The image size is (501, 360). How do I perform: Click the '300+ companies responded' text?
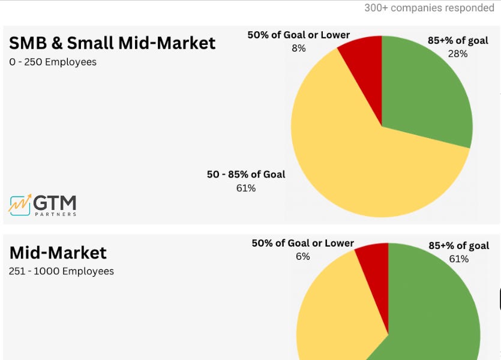click(429, 8)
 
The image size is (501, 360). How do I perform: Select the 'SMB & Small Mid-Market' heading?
click(112, 43)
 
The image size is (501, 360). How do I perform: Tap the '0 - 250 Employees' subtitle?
click(53, 62)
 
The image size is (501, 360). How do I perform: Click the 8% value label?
click(298, 48)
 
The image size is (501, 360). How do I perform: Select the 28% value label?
click(458, 54)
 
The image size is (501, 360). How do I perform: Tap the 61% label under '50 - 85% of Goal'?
click(246, 188)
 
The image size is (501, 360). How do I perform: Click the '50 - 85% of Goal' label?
click(246, 175)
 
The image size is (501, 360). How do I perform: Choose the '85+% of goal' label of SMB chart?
click(458, 41)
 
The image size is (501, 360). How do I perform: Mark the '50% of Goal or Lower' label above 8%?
click(298, 35)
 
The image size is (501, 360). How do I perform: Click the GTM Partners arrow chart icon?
click(20, 205)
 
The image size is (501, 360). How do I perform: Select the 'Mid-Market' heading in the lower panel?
click(58, 252)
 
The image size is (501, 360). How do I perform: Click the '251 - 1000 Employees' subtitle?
click(61, 271)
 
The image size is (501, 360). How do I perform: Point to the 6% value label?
click(302, 257)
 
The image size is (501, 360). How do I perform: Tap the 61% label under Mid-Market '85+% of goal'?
click(458, 259)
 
